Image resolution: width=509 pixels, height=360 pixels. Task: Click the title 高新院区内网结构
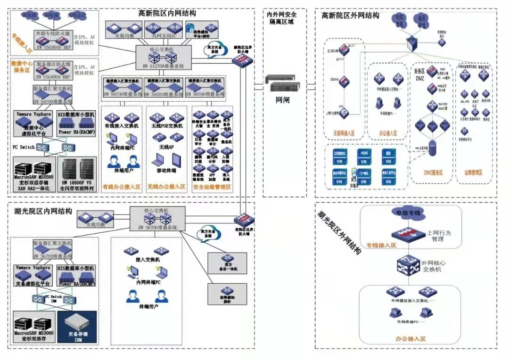tap(167, 13)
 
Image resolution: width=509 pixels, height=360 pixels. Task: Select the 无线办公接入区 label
tap(166, 187)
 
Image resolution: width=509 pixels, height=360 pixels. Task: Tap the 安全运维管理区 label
tap(213, 187)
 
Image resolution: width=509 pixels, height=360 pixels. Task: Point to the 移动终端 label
tap(166, 171)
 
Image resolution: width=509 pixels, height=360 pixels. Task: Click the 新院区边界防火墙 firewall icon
tap(242, 59)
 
